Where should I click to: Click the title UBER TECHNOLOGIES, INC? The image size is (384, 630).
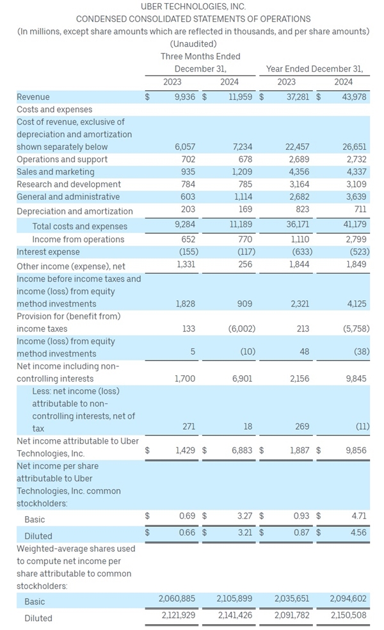click(193, 6)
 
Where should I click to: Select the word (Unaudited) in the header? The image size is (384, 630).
click(193, 44)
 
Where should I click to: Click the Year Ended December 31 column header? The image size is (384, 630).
click(314, 69)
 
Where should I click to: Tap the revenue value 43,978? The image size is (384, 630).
click(354, 97)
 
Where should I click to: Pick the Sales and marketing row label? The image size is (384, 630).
click(56, 172)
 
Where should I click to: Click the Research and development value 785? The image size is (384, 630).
click(245, 184)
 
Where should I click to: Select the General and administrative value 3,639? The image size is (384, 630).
click(356, 197)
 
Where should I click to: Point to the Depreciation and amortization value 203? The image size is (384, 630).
click(188, 209)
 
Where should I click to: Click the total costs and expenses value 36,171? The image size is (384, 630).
click(298, 224)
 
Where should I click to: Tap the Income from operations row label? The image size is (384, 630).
click(78, 239)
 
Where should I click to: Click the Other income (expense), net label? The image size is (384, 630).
click(70, 266)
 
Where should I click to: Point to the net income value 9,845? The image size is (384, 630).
click(356, 378)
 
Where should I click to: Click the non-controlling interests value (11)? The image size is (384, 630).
click(362, 426)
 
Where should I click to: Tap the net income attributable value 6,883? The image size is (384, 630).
click(242, 450)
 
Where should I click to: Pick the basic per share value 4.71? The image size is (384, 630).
click(358, 516)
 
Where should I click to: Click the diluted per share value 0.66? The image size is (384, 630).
click(187, 533)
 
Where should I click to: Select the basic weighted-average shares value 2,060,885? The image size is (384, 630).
click(177, 599)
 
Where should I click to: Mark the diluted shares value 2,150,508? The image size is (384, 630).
click(348, 615)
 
